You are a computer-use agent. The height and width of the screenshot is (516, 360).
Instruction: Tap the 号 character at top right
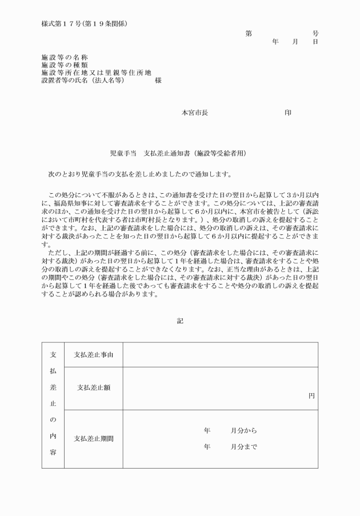[315, 34]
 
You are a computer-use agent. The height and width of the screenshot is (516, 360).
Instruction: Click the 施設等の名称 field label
[65, 58]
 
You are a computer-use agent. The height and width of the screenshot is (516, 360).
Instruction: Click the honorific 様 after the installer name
[158, 81]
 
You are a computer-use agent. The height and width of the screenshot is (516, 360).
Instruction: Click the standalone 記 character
[180, 321]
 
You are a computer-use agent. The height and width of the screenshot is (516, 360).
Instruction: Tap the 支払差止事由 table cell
[94, 355]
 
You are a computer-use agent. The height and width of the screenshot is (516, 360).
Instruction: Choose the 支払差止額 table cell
[94, 388]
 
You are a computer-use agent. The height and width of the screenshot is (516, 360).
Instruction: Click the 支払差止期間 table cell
[94, 439]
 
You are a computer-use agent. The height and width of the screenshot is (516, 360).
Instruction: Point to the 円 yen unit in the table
[311, 395]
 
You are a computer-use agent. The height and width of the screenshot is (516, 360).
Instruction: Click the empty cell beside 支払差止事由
[220, 355]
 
